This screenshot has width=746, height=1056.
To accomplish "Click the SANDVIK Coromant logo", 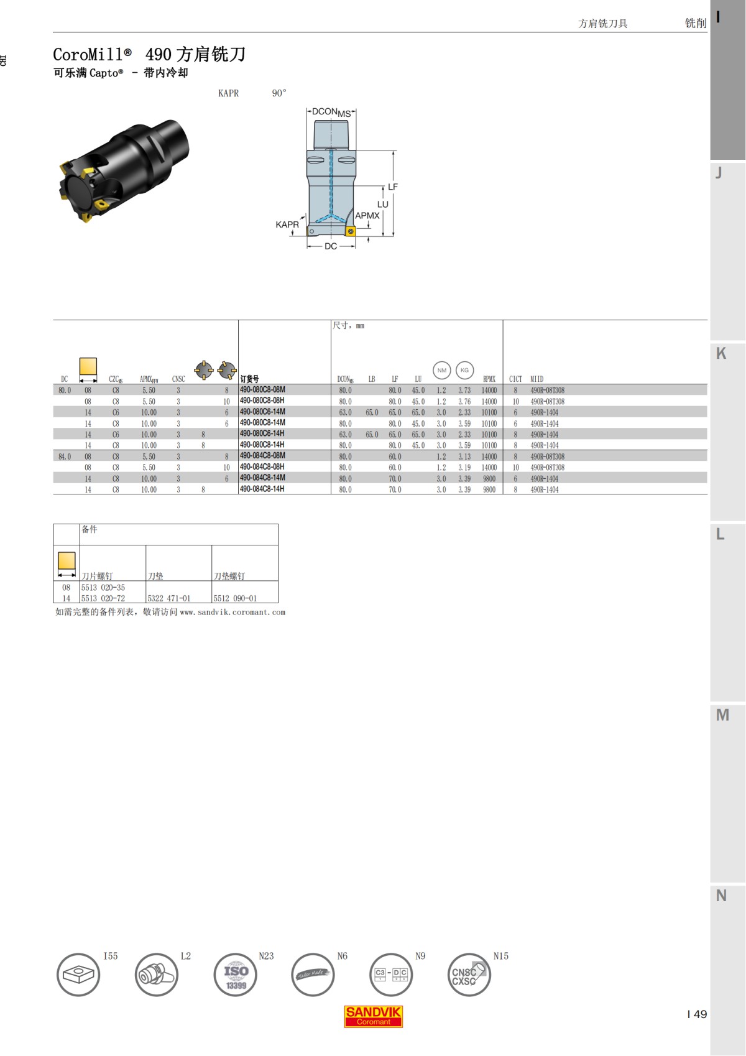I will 373,1016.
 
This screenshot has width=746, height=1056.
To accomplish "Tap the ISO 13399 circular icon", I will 236,975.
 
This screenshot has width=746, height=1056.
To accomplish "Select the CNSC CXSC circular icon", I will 469,975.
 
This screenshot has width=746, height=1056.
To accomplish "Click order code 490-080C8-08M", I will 262,390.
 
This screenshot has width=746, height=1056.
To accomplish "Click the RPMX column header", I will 489,379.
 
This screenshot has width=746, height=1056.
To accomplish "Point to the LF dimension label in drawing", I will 392,187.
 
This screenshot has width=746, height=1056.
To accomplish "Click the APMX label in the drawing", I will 367,216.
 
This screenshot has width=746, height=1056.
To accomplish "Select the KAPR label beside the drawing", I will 287,225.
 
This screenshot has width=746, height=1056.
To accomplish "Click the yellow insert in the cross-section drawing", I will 350,232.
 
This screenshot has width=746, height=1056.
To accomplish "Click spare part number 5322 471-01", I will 169,598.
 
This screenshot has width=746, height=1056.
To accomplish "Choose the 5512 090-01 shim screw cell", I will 235,598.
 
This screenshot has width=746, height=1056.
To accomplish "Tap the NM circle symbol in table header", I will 441,370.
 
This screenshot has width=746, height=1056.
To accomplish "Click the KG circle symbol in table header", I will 464,370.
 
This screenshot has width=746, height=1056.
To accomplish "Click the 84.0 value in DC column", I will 65,456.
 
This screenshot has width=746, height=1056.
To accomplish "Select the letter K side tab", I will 721,353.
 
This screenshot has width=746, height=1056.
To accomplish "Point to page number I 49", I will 697,1014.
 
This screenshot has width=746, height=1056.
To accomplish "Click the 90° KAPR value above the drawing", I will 279,93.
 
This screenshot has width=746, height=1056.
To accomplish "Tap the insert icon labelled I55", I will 78,975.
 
